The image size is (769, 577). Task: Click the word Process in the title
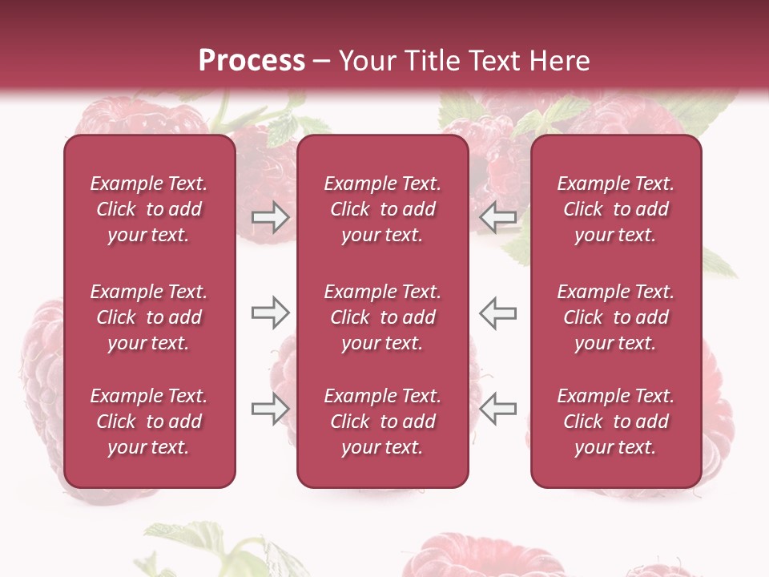[252, 61]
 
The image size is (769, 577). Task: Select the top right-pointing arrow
[270, 216]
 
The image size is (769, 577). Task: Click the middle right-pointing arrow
[270, 313]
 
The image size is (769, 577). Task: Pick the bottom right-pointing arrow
[270, 409]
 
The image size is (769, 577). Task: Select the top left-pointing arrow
[498, 216]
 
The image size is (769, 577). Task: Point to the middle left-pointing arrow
[498, 313]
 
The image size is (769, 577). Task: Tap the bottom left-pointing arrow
[498, 409]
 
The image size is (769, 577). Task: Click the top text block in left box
[149, 209]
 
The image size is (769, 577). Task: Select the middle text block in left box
[149, 317]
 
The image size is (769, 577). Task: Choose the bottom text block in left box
[149, 422]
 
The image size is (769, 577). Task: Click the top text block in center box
[383, 209]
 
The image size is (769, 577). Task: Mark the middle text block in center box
[383, 317]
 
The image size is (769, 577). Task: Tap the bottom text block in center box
[383, 422]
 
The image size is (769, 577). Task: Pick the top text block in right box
[616, 209]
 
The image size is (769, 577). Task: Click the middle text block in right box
[616, 317]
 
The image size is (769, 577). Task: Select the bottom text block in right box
[616, 422]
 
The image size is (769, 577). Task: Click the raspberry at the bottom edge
[473, 557]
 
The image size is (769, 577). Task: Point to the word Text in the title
[480, 61]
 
